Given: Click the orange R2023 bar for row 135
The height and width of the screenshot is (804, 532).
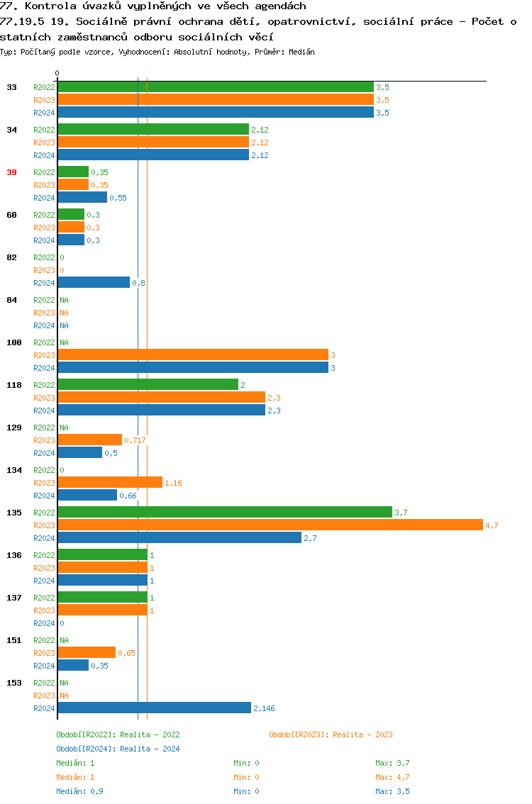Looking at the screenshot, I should [x=270, y=525].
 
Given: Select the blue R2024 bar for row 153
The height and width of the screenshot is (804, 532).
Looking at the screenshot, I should [x=154, y=708].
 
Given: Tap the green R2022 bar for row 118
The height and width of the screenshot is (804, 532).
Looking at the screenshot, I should [x=148, y=385].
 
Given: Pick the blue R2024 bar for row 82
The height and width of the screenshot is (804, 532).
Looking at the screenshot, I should [x=94, y=283].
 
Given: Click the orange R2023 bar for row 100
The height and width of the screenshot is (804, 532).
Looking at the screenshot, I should [x=192, y=355].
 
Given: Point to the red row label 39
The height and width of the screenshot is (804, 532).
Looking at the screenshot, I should [x=11, y=172].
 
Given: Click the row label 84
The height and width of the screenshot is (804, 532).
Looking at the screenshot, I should [x=11, y=300].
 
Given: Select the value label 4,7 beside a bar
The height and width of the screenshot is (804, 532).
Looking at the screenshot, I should [x=492, y=525].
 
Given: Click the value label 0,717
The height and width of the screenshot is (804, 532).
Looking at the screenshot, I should [x=135, y=440].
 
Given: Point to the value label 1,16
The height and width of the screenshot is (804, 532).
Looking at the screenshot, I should [x=173, y=483].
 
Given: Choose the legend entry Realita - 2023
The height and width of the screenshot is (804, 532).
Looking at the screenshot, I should [x=331, y=735].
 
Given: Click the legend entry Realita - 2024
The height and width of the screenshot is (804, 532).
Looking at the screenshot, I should [x=118, y=749].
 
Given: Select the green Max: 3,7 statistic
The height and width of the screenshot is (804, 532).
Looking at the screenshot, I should [x=392, y=763].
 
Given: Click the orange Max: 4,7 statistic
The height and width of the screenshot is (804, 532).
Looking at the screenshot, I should [x=392, y=777].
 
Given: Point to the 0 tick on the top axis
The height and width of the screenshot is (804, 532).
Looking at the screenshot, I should [x=57, y=74].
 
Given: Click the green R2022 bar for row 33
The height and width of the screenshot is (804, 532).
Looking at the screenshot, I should [x=215, y=87].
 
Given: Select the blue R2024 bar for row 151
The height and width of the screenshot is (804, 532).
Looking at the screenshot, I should [x=73, y=666].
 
